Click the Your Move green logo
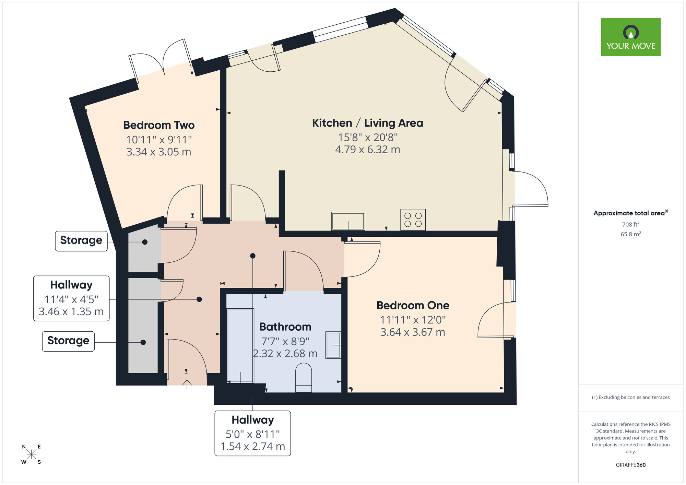[x=630, y=37]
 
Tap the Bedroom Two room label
[x=159, y=125]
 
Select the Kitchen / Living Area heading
[x=367, y=123]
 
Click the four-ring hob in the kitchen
[x=413, y=220]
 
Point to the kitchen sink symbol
[x=348, y=221]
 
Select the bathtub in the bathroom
[x=240, y=346]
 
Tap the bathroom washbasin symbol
[x=333, y=345]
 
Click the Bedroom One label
[x=413, y=306]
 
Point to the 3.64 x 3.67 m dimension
[x=413, y=332]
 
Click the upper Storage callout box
[x=81, y=241]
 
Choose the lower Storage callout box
[x=68, y=341]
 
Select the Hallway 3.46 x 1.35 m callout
[x=71, y=298]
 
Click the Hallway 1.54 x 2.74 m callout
[x=253, y=433]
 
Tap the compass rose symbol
[x=31, y=454]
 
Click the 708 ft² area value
[x=630, y=225]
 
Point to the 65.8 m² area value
[x=630, y=234]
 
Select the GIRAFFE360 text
[x=630, y=465]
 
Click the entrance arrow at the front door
[x=187, y=384]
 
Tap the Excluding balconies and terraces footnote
[x=630, y=398]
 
